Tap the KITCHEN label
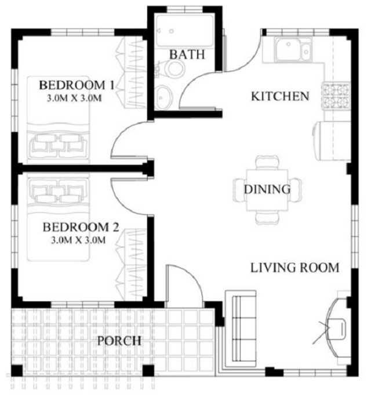(279, 96)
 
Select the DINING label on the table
(267, 189)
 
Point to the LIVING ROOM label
(294, 268)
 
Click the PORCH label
(119, 340)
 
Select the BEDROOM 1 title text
(77, 85)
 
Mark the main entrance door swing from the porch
(184, 284)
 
